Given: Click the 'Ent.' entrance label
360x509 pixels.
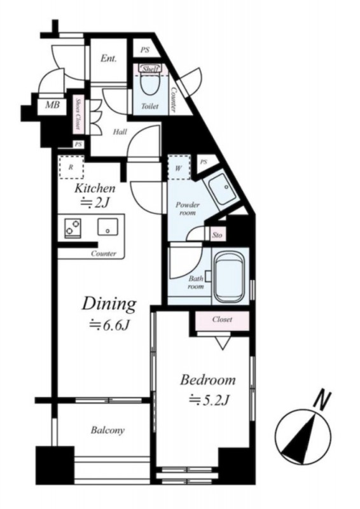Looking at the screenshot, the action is pyautogui.click(x=108, y=59).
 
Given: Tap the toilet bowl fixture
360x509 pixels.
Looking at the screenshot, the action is pyautogui.click(x=150, y=82).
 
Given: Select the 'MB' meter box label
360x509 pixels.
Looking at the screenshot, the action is pyautogui.click(x=52, y=105).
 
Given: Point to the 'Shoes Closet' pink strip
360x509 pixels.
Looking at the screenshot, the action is pyautogui.click(x=78, y=114).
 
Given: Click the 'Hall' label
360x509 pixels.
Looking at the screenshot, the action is pyautogui.click(x=120, y=132).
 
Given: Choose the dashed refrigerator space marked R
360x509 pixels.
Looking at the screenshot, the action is pyautogui.click(x=71, y=167).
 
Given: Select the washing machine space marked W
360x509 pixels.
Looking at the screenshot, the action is pyautogui.click(x=179, y=167).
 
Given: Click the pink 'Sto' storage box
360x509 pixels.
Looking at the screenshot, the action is pyautogui.click(x=218, y=235).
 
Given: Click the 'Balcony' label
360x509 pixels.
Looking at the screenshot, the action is pyautogui.click(x=107, y=431).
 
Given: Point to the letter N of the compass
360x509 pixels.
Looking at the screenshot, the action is pyautogui.click(x=322, y=401).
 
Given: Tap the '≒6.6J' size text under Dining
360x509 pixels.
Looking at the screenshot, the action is pyautogui.click(x=110, y=325).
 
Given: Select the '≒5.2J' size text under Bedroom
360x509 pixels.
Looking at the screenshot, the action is pyautogui.click(x=210, y=400).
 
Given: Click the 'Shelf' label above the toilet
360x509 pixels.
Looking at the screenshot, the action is pyautogui.click(x=150, y=69).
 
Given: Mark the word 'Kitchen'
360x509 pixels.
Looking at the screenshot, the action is pyautogui.click(x=95, y=188).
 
